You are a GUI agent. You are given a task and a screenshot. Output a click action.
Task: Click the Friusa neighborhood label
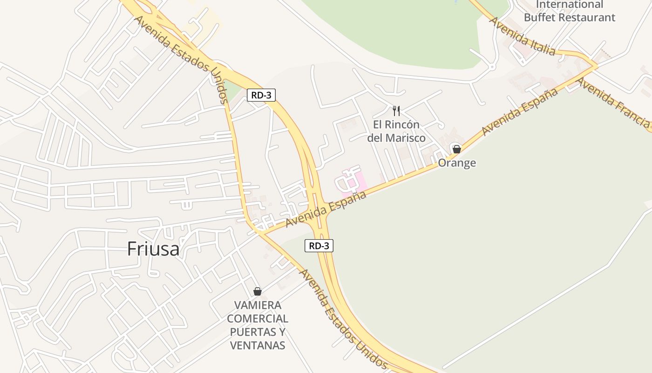point(153,249)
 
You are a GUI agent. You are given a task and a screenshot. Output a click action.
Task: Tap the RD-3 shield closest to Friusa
point(319,245)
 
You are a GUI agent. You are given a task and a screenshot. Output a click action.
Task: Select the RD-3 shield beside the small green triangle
point(261,95)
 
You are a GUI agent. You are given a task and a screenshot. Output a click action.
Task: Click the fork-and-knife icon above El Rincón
point(396,111)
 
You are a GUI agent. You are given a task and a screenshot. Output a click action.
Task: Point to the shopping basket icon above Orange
point(456,149)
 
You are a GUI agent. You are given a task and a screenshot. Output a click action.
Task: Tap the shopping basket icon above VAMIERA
point(258,291)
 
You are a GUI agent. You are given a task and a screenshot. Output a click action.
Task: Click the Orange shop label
point(457,163)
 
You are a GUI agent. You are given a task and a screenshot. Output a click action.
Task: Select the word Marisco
point(403,138)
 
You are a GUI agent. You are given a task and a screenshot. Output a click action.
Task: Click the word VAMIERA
point(258,305)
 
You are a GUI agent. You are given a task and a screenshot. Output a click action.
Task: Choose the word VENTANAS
point(258,345)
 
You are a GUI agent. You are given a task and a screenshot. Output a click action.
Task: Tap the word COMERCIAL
point(258,319)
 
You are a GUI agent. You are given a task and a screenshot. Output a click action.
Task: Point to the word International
point(570,5)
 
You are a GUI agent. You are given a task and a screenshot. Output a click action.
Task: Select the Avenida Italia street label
point(522,36)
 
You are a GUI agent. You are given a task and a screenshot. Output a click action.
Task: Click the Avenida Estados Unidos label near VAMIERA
point(344,319)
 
